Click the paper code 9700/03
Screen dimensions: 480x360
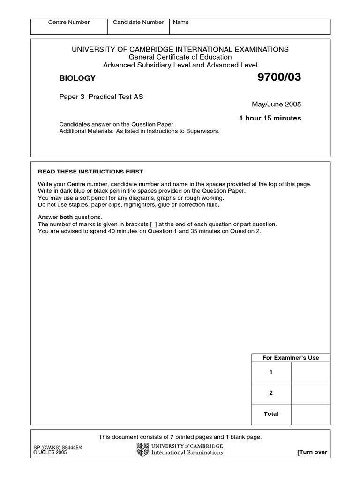point(279,78)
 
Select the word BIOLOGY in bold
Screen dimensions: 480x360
point(77,78)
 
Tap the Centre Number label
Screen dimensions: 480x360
point(69,22)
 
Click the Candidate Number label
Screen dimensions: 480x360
point(138,22)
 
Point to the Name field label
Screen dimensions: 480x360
point(181,22)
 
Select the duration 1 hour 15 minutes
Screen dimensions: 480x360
point(270,118)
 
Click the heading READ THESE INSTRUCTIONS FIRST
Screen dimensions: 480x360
point(90,172)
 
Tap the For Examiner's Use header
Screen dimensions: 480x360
point(291,358)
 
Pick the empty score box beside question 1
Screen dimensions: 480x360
point(310,373)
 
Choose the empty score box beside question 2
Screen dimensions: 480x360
point(310,393)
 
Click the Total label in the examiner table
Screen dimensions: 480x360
point(271,414)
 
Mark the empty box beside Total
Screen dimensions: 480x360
point(310,414)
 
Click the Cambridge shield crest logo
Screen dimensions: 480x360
point(142,450)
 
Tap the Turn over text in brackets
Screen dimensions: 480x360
point(312,452)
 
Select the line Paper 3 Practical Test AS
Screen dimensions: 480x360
point(101,97)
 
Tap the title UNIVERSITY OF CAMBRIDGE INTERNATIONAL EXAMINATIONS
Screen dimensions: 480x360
point(180,49)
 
